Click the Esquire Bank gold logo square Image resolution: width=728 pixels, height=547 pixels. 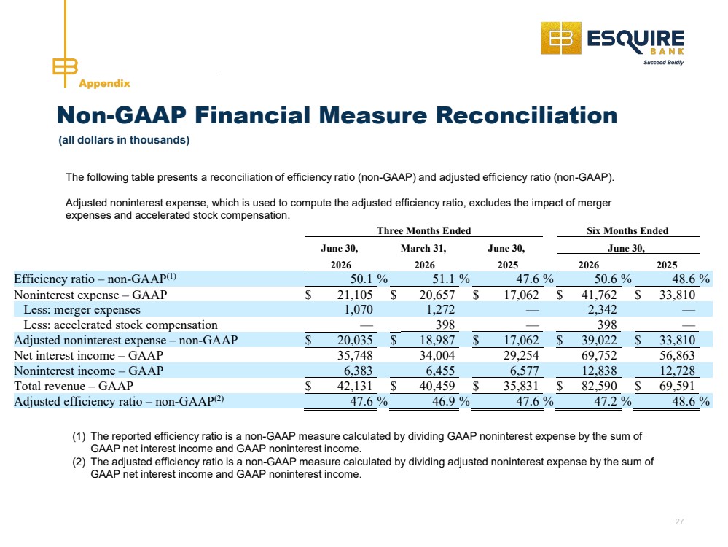click(560, 38)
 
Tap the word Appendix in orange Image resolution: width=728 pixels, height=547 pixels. click(104, 83)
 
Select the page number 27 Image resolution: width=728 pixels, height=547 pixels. click(679, 521)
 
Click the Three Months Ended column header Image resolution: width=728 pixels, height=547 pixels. click(424, 230)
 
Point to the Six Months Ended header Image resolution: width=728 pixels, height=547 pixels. click(627, 230)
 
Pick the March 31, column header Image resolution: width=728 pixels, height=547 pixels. click(423, 249)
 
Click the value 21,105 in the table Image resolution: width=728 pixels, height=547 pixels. click(355, 295)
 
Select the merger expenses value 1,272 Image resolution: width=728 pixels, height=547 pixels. click(441, 309)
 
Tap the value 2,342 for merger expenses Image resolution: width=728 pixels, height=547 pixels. click(602, 309)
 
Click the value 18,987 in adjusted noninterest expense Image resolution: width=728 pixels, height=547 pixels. click(437, 340)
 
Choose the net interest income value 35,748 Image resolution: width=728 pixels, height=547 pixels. click(355, 355)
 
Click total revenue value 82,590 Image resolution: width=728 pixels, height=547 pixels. click(599, 387)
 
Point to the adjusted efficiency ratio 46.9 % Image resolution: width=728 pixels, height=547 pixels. click(451, 401)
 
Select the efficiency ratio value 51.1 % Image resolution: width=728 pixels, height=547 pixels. click(451, 279)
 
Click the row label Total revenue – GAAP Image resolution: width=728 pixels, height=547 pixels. click(74, 387)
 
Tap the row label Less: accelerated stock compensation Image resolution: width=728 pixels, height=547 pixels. click(121, 325)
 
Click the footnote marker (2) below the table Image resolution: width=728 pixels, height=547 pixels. click(79, 462)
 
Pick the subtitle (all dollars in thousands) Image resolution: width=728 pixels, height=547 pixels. click(124, 140)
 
